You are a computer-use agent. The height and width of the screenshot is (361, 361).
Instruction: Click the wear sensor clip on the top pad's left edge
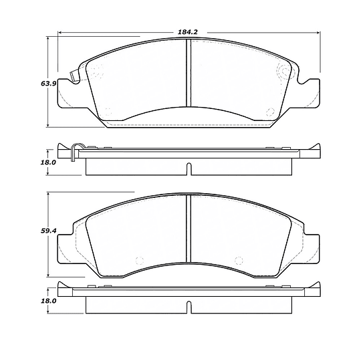pos(74,77)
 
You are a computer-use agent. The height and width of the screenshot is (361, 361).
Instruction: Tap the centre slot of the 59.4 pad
pos(189,227)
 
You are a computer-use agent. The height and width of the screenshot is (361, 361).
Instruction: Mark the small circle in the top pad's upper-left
pos(94,72)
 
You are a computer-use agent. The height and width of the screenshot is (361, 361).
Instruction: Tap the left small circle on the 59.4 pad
pos(139,260)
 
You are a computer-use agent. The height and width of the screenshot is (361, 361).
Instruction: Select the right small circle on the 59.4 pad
pos(239,260)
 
